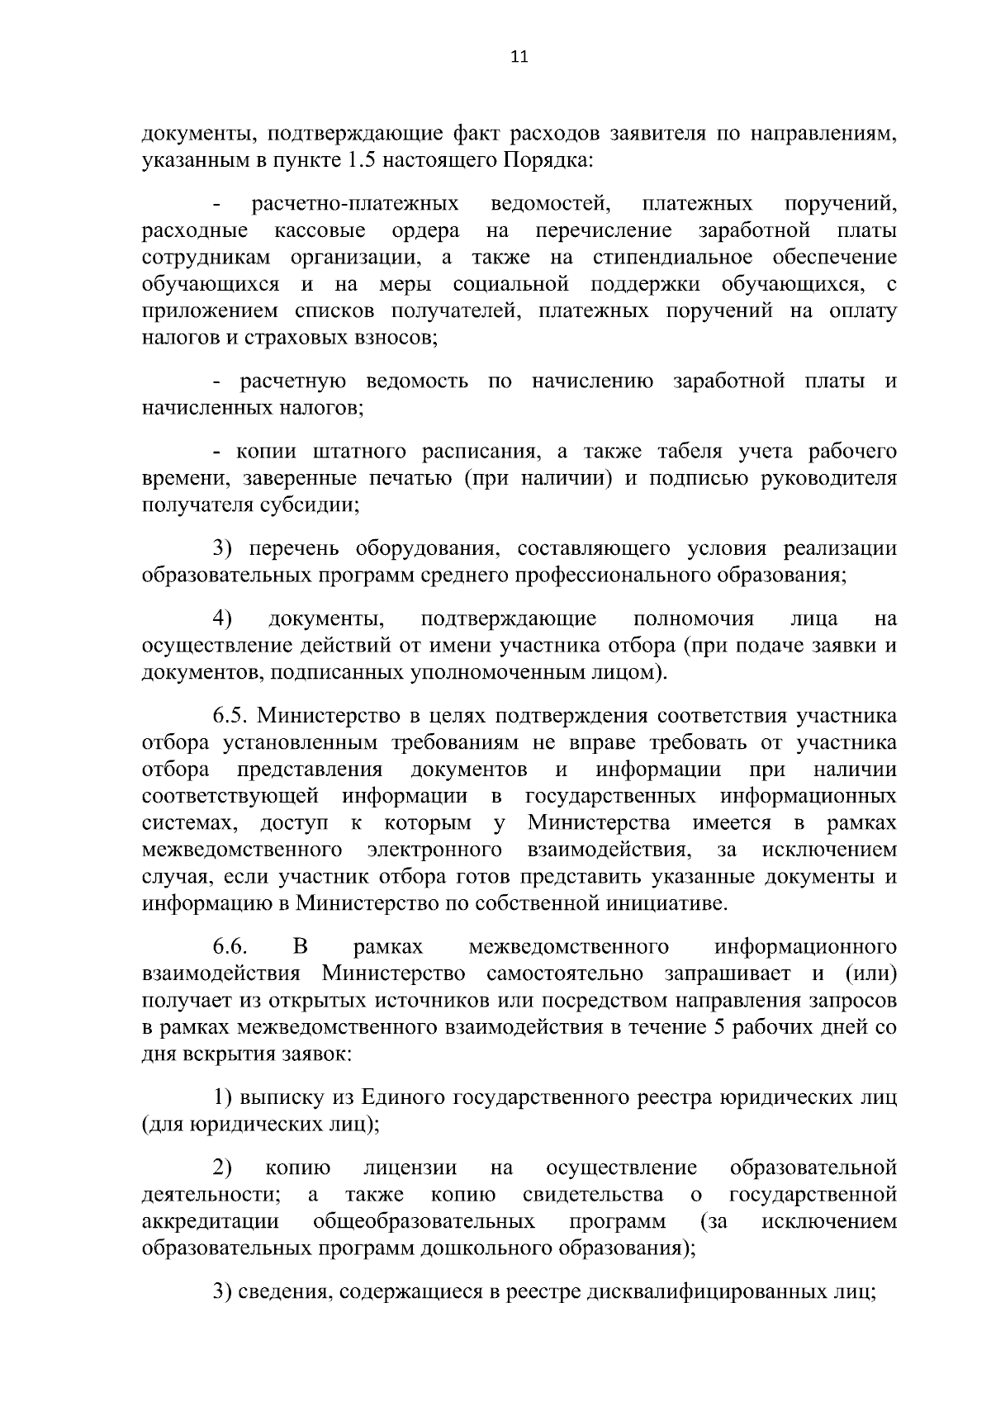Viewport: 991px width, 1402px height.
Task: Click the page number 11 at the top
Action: (x=519, y=57)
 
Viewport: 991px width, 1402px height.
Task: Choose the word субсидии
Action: (x=310, y=505)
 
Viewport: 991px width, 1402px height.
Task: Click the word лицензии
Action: (x=410, y=1168)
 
